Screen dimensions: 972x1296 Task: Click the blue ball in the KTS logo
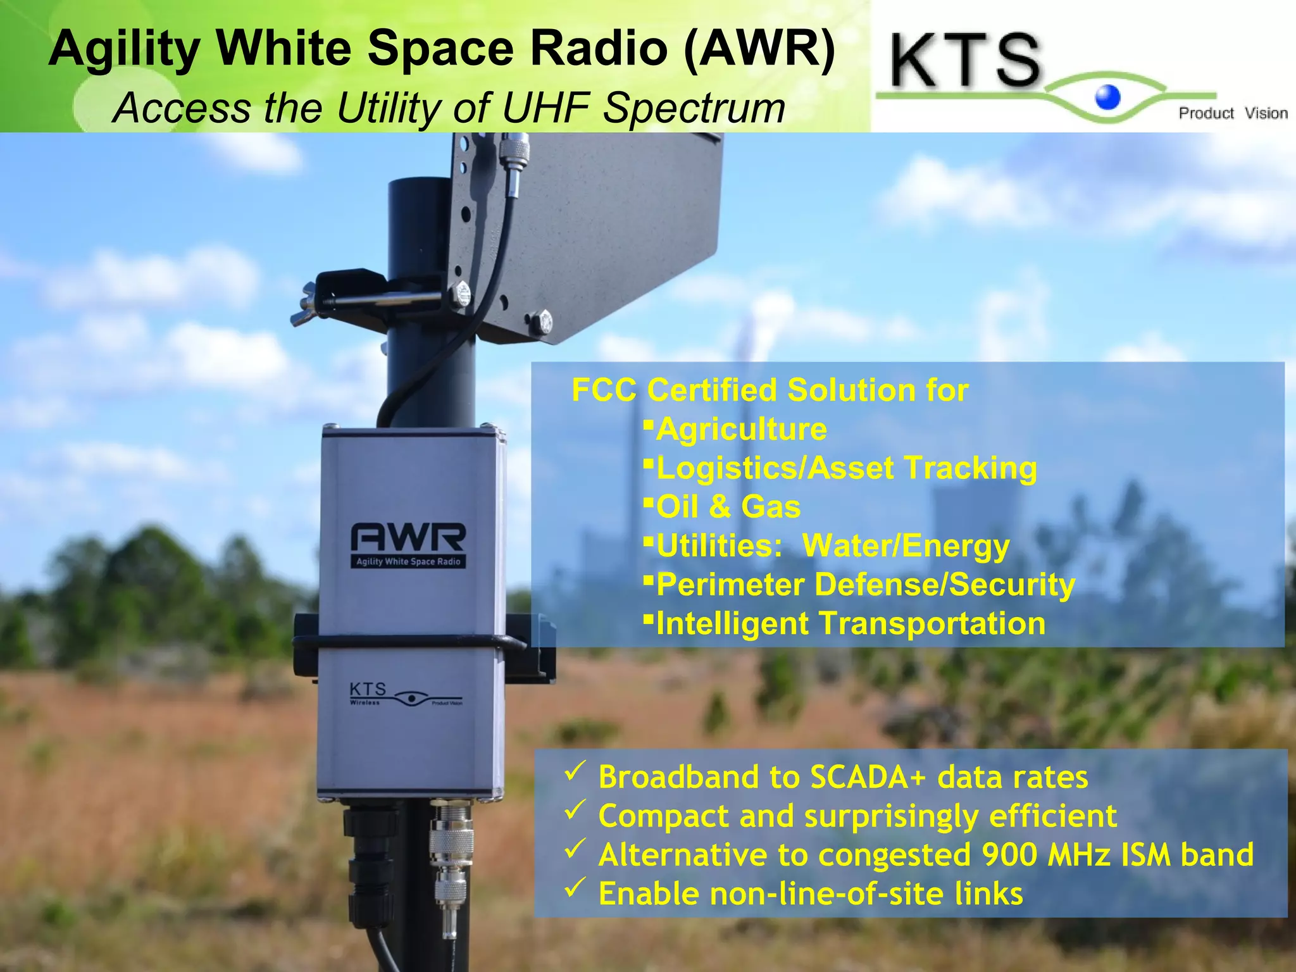tap(1107, 97)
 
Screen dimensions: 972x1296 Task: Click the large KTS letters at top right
tap(966, 61)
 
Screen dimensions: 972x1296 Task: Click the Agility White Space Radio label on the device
tap(408, 561)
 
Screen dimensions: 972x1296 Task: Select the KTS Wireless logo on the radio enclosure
tap(405, 694)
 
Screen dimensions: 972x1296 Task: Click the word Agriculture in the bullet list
tap(741, 429)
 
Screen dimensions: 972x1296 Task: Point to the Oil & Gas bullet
tap(728, 507)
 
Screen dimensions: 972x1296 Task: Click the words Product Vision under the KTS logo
tap(1232, 113)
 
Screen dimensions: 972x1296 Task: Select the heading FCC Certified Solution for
tap(769, 390)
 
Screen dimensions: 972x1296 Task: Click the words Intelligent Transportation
tap(850, 623)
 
